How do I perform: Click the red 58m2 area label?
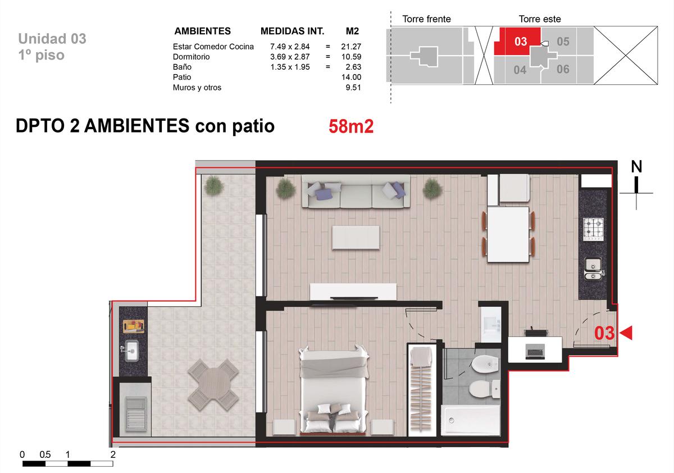coord(351,126)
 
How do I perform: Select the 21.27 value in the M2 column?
coord(351,47)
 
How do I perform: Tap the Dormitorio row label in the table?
coord(191,57)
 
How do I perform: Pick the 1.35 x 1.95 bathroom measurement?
coord(290,67)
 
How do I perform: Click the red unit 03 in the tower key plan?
coord(521,41)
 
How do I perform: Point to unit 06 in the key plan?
coord(563,69)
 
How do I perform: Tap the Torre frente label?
coord(426,19)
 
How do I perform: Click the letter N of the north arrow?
coord(636,166)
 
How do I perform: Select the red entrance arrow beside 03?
coord(626,333)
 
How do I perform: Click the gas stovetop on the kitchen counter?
coord(593,229)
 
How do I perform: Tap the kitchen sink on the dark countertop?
coord(593,269)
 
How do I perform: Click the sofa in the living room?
coord(356,192)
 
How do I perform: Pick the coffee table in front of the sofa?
coord(356,238)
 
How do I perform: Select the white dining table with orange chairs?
coord(508,234)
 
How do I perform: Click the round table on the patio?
coord(213,385)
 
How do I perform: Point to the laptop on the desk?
coord(535,352)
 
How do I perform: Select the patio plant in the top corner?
coord(213,185)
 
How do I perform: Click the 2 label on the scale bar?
coord(113,454)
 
